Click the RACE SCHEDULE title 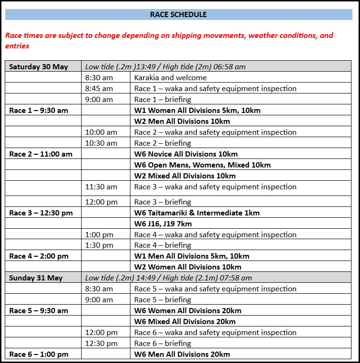178,14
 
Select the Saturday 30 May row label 38,66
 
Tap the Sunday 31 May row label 36,278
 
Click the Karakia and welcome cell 171,77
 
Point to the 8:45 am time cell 99,88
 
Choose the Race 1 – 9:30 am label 38,110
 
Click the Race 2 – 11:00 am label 41,154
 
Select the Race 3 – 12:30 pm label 41,213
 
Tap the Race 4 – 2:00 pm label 38,256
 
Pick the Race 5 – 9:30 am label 38,310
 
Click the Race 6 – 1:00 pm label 38,354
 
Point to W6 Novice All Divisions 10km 186,154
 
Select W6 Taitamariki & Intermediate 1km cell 197,213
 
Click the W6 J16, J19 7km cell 163,223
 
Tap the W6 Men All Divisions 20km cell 182,354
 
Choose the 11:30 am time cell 101,186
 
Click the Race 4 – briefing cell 163,245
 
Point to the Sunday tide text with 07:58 168,278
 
